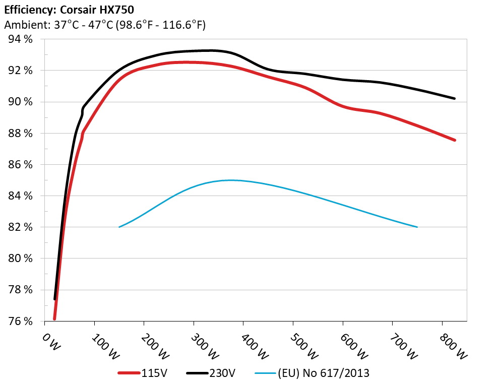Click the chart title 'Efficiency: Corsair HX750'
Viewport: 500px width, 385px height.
click(69, 9)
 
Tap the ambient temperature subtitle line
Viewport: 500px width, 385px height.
click(104, 25)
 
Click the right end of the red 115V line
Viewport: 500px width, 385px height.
click(455, 140)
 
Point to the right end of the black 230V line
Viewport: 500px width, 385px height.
click(455, 98)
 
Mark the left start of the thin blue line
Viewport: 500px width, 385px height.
click(119, 227)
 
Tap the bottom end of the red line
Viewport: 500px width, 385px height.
click(54, 318)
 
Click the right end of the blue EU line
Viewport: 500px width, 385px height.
click(417, 227)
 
